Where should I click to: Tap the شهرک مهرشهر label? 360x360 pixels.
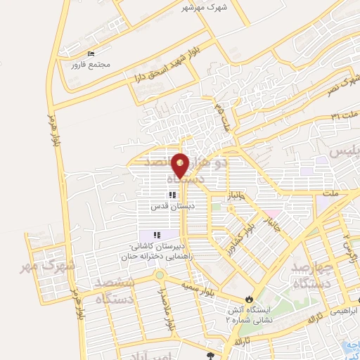pos(198,8)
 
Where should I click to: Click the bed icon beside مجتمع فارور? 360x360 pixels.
pos(90,54)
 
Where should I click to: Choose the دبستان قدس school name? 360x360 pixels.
pos(167,206)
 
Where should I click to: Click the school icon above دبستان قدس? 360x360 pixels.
pos(170,195)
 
